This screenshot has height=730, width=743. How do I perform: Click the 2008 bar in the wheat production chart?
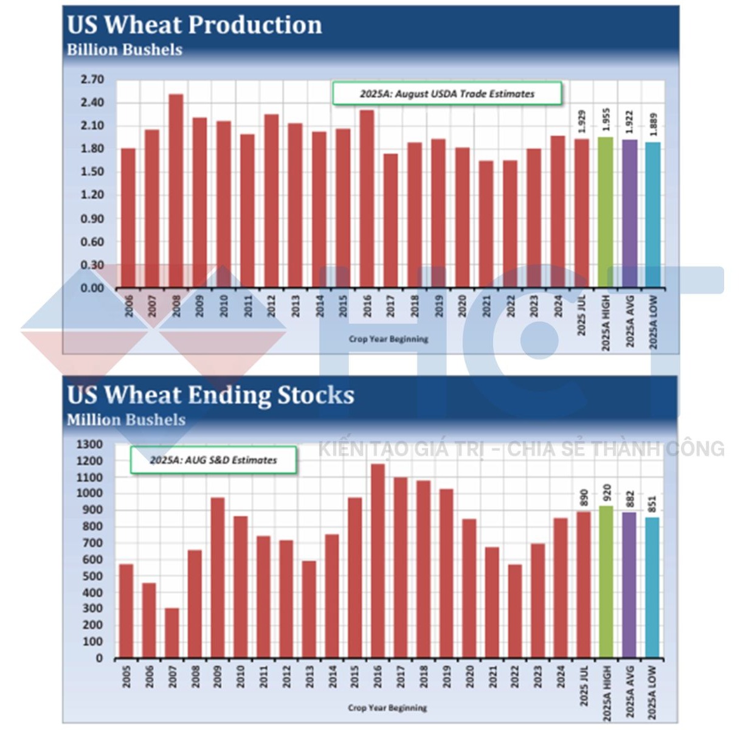pyautogui.click(x=176, y=190)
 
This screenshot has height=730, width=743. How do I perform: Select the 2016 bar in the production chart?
pyautogui.click(x=367, y=198)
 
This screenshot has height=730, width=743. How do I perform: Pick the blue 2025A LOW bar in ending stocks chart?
pyautogui.click(x=652, y=588)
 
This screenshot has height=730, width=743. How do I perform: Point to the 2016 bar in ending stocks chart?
pyautogui.click(x=378, y=561)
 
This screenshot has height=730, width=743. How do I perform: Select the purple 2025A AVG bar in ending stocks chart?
pyautogui.click(x=629, y=585)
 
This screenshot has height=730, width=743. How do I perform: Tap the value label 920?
pyautogui.click(x=607, y=493)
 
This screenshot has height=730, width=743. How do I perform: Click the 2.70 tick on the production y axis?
pyautogui.click(x=92, y=80)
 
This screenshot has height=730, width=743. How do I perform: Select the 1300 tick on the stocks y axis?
pyautogui.click(x=89, y=445)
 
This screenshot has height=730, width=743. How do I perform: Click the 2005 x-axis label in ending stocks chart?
pyautogui.click(x=126, y=676)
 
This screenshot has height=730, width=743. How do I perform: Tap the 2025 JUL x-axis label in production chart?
pyautogui.click(x=582, y=316)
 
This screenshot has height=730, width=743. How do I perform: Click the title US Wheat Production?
pyautogui.click(x=195, y=25)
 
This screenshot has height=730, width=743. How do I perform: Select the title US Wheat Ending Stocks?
pyautogui.click(x=210, y=395)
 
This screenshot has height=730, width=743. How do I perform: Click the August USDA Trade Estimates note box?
pyautogui.click(x=447, y=94)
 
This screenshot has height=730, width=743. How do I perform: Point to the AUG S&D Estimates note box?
pyautogui.click(x=213, y=460)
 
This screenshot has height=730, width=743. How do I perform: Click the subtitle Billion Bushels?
pyautogui.click(x=125, y=50)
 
